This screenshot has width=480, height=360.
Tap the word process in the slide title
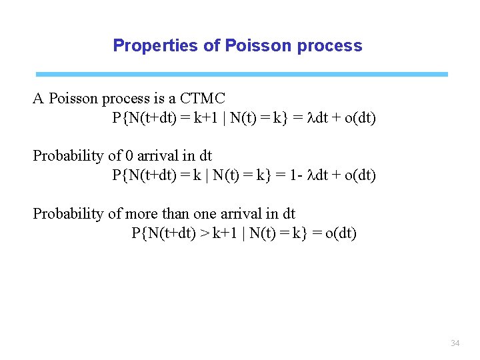[331, 46]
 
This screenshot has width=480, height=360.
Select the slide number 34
[455, 343]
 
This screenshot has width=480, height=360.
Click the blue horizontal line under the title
[241, 74]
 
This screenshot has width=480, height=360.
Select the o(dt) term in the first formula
[359, 119]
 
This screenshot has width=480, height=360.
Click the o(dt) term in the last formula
[340, 233]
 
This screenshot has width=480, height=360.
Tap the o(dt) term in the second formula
[359, 175]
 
